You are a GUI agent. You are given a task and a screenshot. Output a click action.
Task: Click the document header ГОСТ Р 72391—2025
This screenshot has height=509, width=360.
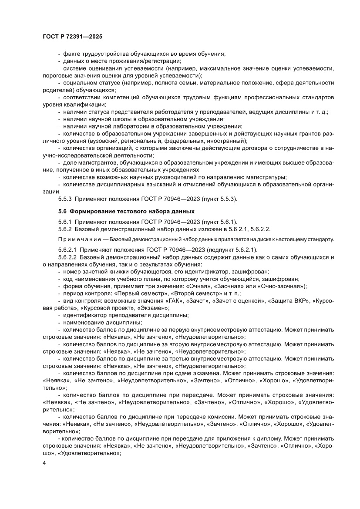(73, 37)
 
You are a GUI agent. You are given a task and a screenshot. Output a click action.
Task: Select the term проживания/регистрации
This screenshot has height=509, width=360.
(150, 61)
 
